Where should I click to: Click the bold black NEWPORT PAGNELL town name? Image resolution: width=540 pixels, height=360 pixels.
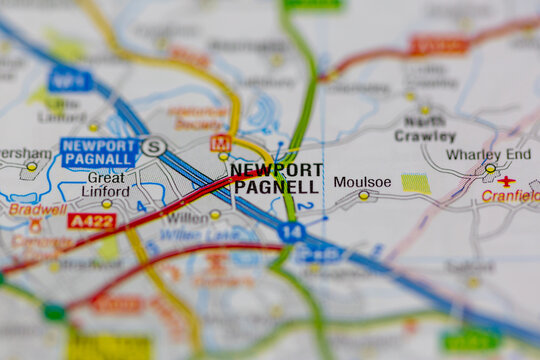tap(276, 178)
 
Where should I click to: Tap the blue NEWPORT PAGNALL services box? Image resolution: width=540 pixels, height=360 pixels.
tap(98, 152)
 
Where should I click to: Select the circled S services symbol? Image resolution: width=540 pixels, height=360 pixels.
tap(153, 147)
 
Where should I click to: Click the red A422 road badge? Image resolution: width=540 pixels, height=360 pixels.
tap(92, 220)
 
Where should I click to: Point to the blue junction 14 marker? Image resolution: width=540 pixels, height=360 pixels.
tap(291, 232)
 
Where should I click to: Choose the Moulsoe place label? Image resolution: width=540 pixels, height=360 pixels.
tap(362, 182)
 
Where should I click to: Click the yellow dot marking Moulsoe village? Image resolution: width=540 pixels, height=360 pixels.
tap(363, 196)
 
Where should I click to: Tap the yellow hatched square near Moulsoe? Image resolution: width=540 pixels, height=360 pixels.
tap(416, 183)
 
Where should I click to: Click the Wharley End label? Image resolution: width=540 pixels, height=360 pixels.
tap(489, 154)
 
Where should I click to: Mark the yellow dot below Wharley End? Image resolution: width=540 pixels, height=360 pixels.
tap(490, 168)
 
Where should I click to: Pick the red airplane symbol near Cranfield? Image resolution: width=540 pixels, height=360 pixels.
tap(507, 181)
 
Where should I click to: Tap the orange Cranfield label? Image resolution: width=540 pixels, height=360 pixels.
tap(510, 196)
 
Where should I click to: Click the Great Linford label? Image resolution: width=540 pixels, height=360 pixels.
tap(106, 185)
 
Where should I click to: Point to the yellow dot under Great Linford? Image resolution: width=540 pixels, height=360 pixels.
tap(107, 204)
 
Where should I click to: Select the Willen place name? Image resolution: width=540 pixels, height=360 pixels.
tap(188, 216)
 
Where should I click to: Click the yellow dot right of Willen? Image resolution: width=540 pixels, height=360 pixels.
tap(215, 214)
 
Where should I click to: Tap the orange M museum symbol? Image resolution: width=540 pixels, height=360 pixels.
tap(220, 143)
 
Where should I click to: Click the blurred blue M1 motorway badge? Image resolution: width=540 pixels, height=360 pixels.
tap(70, 79)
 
